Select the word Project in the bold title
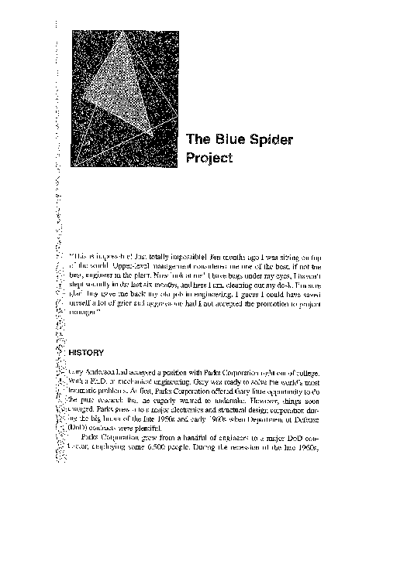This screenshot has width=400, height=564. click(210, 159)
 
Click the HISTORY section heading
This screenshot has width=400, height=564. click(91, 352)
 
